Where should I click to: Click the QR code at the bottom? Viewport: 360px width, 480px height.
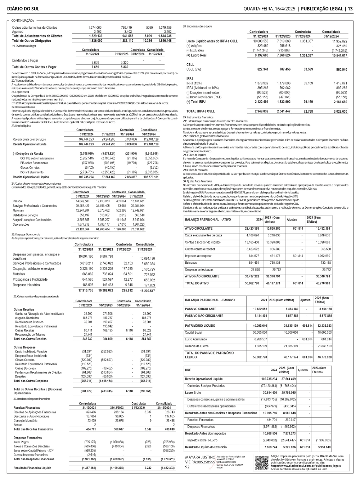tap(261, 462)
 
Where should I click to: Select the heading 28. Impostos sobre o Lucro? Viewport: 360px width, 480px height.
tap(197, 27)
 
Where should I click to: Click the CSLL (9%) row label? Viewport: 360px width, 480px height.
tap(194, 69)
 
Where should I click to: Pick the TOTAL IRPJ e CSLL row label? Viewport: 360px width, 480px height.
tap(201, 111)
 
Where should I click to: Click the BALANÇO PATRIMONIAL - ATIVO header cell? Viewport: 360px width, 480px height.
tap(208, 219)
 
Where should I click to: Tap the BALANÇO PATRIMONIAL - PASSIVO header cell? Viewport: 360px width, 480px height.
tap(210, 300)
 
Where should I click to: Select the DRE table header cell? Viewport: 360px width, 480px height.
tap(188, 370)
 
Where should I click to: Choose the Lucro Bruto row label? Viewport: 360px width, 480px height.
tap(193, 393)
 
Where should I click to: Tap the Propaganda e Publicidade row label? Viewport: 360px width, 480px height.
tap(30, 279)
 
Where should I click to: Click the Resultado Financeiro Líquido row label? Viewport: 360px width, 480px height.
tap(32, 468)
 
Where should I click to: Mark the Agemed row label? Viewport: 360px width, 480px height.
tap(18, 32)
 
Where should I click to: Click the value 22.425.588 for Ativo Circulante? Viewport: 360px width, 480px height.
tap(252, 228)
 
